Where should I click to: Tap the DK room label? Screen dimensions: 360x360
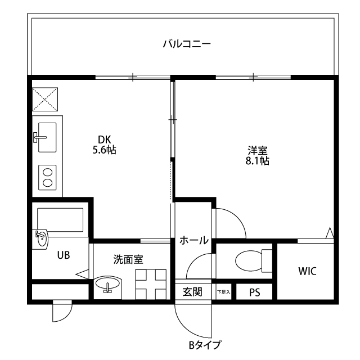tap(104, 139)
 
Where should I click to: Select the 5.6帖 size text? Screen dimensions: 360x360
tap(104, 150)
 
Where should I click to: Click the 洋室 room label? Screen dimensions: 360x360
tap(258, 151)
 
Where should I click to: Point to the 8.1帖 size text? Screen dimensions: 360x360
tap(258, 161)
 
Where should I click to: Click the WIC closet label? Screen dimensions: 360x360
tap(307, 271)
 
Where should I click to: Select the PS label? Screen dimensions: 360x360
tap(254, 292)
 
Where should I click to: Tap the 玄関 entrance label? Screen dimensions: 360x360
tap(192, 292)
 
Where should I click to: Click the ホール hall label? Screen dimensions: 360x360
tap(193, 240)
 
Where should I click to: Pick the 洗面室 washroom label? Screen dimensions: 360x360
tap(128, 259)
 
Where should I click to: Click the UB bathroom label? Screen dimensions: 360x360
tap(63, 255)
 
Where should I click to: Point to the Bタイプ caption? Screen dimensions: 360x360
tap(205, 344)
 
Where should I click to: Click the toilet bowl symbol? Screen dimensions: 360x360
tap(251, 261)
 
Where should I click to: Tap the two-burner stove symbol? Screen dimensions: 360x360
tap(47, 177)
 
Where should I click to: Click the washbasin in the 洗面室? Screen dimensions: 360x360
tap(107, 285)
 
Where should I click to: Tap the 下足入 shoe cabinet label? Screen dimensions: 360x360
tap(223, 292)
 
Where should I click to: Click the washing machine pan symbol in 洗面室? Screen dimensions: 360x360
tap(151, 284)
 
